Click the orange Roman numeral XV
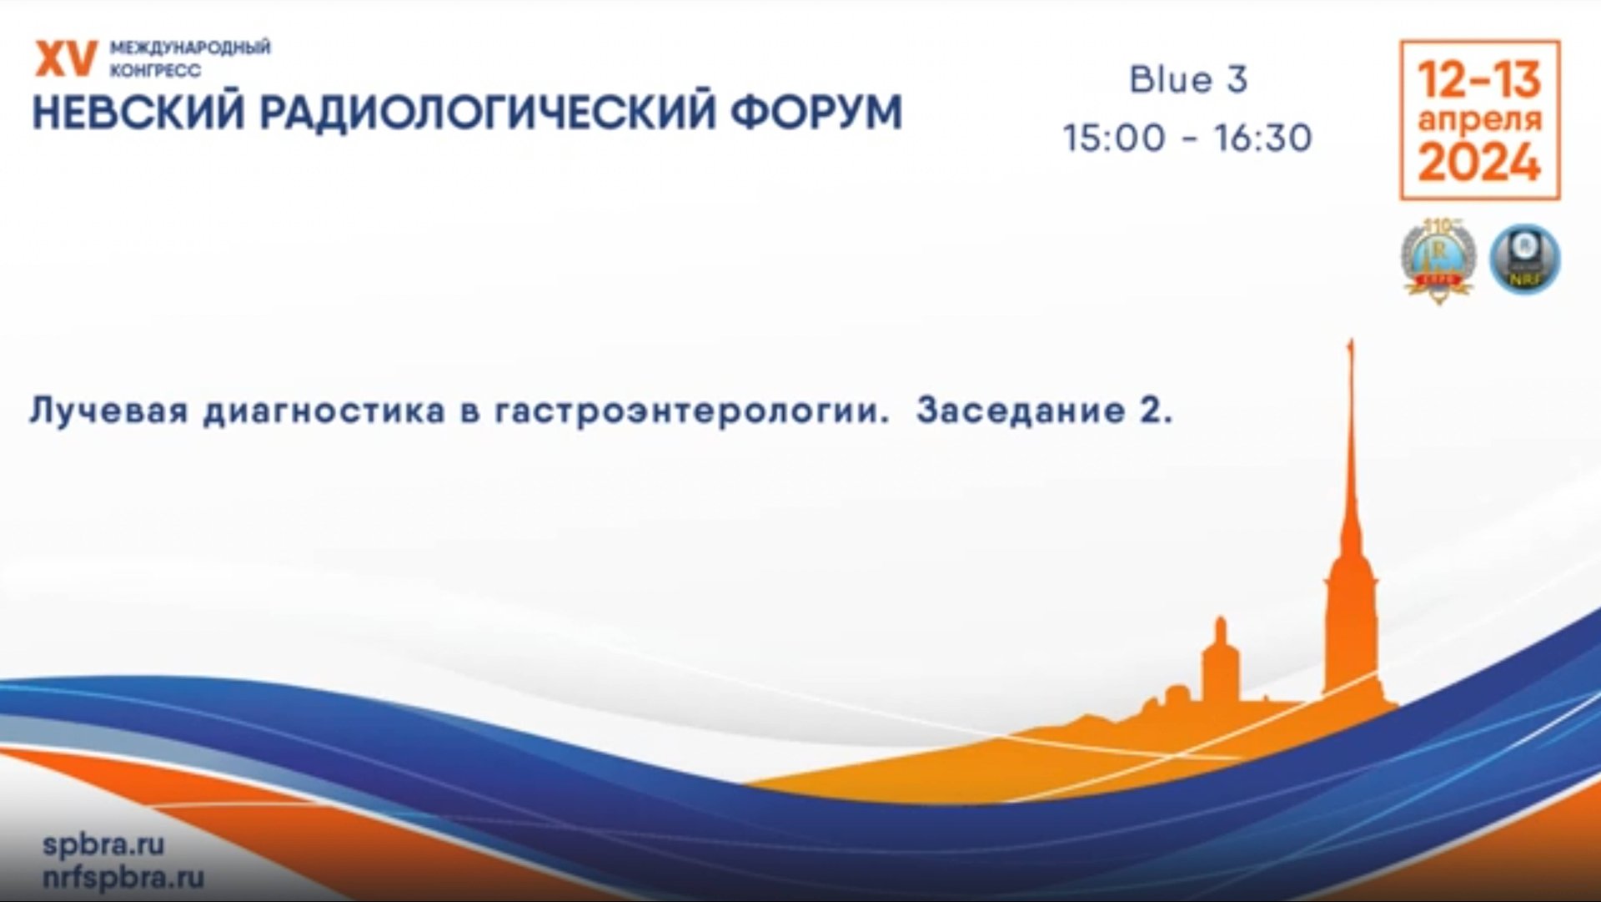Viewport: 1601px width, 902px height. pyautogui.click(x=65, y=59)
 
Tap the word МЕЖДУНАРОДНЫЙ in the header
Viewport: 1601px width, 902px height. pyautogui.click(x=190, y=48)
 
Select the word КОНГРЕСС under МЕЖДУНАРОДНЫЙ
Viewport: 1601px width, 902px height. pyautogui.click(x=155, y=71)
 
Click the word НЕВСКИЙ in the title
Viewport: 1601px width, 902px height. pyautogui.click(x=139, y=113)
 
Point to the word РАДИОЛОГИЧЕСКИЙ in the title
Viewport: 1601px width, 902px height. pyautogui.click(x=487, y=113)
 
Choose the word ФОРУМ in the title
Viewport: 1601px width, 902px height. pyautogui.click(x=816, y=113)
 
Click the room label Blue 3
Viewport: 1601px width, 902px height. pyautogui.click(x=1188, y=80)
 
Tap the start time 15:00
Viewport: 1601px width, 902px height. pyautogui.click(x=1114, y=138)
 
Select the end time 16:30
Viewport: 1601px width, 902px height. pyautogui.click(x=1262, y=138)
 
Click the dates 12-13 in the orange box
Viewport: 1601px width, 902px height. pyautogui.click(x=1479, y=79)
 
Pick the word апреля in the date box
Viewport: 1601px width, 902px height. pyautogui.click(x=1479, y=119)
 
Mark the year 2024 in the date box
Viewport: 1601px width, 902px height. pyautogui.click(x=1479, y=162)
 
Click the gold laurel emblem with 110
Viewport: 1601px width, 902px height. pyautogui.click(x=1438, y=259)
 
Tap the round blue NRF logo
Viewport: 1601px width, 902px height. pyautogui.click(x=1524, y=259)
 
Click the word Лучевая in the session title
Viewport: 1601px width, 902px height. pyautogui.click(x=108, y=411)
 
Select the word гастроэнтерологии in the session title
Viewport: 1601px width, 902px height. pyautogui.click(x=692, y=411)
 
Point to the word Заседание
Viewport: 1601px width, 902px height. pyautogui.click(x=1021, y=411)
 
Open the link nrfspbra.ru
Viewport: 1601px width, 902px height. pyautogui.click(x=123, y=877)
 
